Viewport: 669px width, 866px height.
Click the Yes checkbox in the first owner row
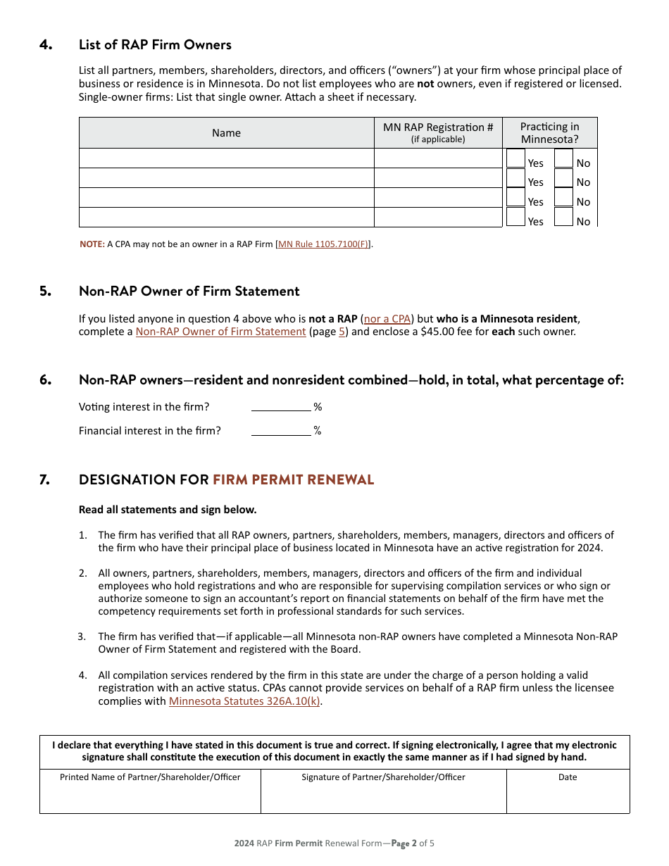click(515, 158)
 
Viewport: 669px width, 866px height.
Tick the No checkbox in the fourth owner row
click(563, 217)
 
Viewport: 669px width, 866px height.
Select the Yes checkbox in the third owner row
click(515, 198)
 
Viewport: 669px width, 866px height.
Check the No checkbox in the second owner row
click(563, 178)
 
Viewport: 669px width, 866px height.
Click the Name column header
click(226, 133)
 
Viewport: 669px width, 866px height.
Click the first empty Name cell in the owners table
click(226, 158)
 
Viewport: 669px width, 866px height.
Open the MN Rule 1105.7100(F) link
click(323, 244)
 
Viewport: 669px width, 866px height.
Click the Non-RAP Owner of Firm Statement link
click(220, 332)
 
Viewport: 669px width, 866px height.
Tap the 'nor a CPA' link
click(387, 319)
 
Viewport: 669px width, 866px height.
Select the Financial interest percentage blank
click(280, 430)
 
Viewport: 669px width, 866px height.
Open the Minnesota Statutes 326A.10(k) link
click(244, 701)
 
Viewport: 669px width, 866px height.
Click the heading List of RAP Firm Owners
click(155, 45)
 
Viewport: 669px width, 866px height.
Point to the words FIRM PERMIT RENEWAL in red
click(293, 480)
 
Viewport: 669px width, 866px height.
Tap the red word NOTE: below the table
click(92, 244)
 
